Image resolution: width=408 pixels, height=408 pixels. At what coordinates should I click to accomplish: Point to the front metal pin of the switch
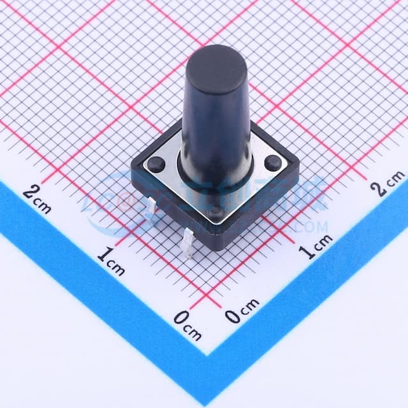tap(189, 243)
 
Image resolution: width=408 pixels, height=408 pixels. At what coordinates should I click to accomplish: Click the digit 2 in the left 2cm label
tap(30, 189)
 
